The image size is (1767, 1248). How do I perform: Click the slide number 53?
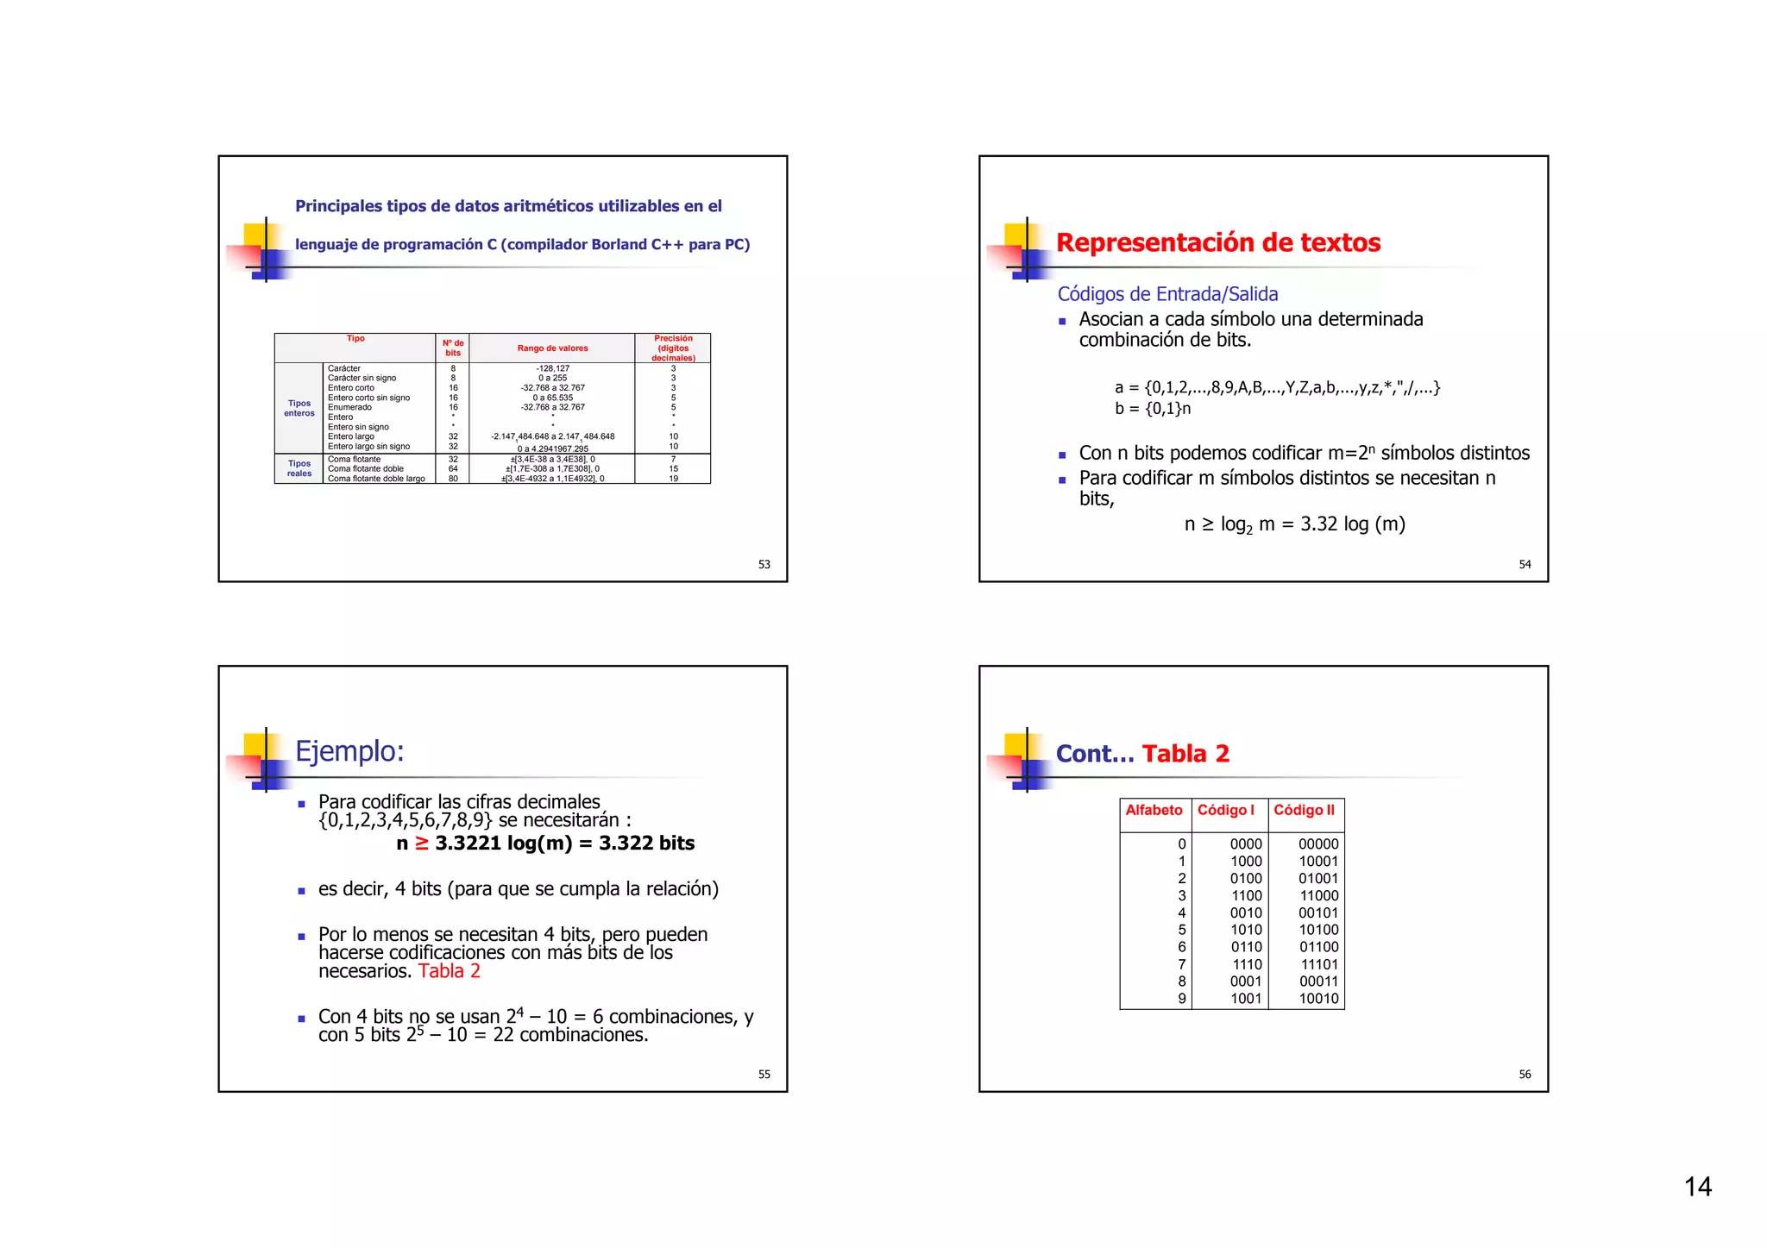point(764,564)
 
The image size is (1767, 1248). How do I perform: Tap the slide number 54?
point(1525,564)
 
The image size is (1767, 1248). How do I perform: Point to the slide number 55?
point(764,1074)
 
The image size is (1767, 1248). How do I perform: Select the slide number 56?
point(1525,1074)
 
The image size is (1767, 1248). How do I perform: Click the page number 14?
point(1697,1187)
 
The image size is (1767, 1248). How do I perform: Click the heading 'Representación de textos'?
point(1217,242)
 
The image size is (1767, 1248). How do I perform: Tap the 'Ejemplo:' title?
point(349,751)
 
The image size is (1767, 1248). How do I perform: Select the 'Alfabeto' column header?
point(1154,810)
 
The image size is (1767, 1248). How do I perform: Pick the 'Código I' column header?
point(1225,810)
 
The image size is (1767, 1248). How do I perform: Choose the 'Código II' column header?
point(1304,810)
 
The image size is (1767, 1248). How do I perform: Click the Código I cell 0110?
point(1246,947)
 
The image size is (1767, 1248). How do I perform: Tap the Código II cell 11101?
point(1319,964)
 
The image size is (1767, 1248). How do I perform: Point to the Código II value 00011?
point(1319,981)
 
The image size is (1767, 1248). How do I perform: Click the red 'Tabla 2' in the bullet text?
point(449,971)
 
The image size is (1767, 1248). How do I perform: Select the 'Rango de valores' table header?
point(552,348)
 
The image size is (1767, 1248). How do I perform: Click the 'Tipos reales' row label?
point(299,468)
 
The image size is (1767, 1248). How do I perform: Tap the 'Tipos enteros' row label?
point(299,408)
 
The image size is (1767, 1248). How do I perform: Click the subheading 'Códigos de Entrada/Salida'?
point(1167,294)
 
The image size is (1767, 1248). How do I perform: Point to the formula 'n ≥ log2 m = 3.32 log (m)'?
point(1294,524)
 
